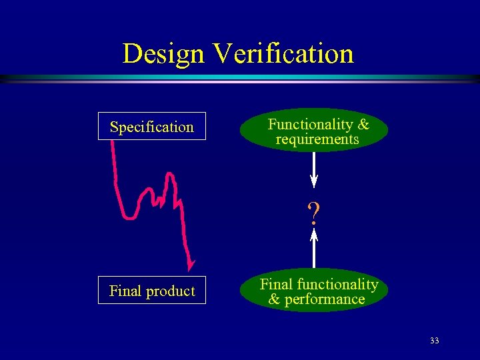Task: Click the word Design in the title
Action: click(x=163, y=53)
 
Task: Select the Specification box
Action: click(x=152, y=127)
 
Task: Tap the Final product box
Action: click(x=152, y=291)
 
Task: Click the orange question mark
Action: click(x=313, y=213)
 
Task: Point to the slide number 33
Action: click(x=434, y=341)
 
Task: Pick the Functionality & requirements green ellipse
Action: click(x=314, y=131)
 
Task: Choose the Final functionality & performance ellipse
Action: click(x=314, y=292)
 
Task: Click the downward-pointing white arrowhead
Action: click(x=314, y=181)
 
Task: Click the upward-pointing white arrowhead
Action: click(x=314, y=234)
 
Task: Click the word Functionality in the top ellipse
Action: click(x=311, y=125)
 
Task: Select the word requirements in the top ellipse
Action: click(x=317, y=139)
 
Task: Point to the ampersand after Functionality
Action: click(x=363, y=125)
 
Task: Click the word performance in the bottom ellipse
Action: click(x=325, y=299)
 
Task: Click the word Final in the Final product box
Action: click(x=125, y=291)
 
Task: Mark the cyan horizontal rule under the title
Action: click(x=240, y=78)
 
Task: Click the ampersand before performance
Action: click(x=274, y=299)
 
